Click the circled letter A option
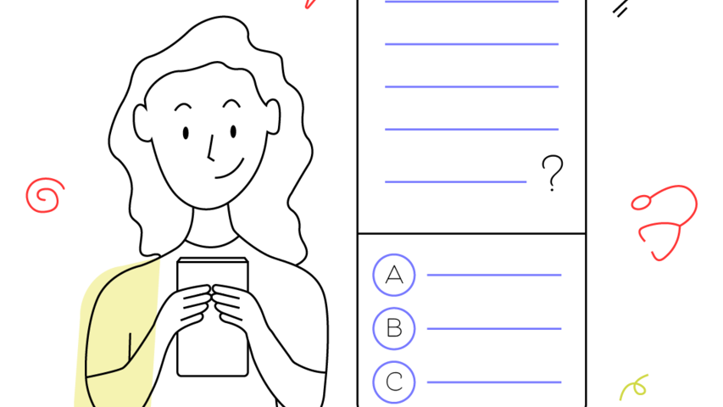click(x=394, y=275)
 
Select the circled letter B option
click(x=394, y=328)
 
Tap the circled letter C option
click(x=394, y=382)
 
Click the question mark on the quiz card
click(x=552, y=173)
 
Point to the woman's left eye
click(x=233, y=132)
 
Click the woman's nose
click(x=211, y=148)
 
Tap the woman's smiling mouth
click(x=230, y=170)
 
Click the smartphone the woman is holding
click(x=213, y=316)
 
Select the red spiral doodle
click(x=45, y=195)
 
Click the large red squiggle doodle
click(x=664, y=222)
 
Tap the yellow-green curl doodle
click(x=634, y=387)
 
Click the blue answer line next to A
click(x=494, y=275)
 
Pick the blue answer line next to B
click(x=494, y=328)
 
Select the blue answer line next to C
click(x=494, y=382)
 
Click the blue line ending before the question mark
click(x=455, y=181)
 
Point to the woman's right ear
click(x=142, y=123)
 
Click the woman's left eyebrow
click(x=231, y=103)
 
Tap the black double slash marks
click(x=620, y=8)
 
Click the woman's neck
click(x=211, y=226)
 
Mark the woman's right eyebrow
click(x=183, y=107)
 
